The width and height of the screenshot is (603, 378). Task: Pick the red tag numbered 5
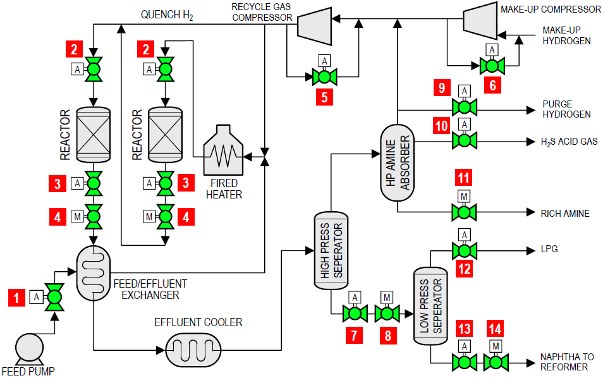324,97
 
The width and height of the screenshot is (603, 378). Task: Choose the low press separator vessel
430,306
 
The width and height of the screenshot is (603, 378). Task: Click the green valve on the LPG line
464,251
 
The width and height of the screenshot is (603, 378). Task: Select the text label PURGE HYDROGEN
566,109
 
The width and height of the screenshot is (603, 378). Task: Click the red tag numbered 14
496,328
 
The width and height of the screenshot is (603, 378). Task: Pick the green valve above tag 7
355,313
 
